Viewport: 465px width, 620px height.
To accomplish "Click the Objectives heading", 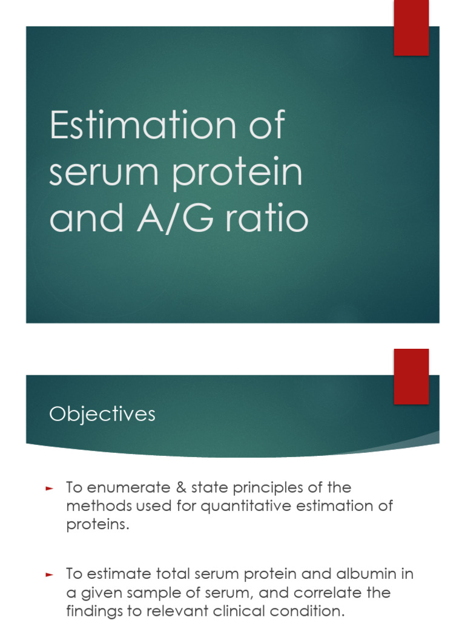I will [x=102, y=414].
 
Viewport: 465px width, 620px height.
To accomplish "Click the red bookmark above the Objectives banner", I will [x=411, y=375].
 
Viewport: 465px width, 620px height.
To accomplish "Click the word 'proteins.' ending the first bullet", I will [x=97, y=524].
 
